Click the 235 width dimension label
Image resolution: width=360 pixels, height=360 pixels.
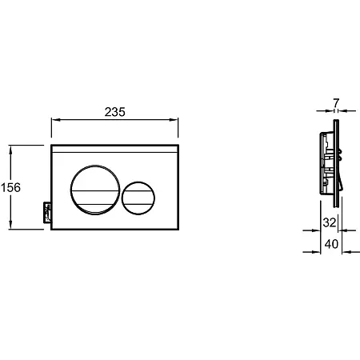tap(114, 112)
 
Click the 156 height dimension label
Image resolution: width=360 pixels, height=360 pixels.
tap(10, 187)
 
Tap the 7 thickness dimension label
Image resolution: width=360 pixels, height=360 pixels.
tap(336, 102)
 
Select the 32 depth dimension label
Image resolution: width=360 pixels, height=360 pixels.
tap(330, 222)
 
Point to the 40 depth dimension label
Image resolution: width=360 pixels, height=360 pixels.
tap(331, 244)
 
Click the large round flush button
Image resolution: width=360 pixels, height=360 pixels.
tap(95, 190)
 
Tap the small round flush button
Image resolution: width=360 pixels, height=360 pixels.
tap(138, 198)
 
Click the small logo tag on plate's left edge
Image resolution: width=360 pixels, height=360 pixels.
tap(47, 213)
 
